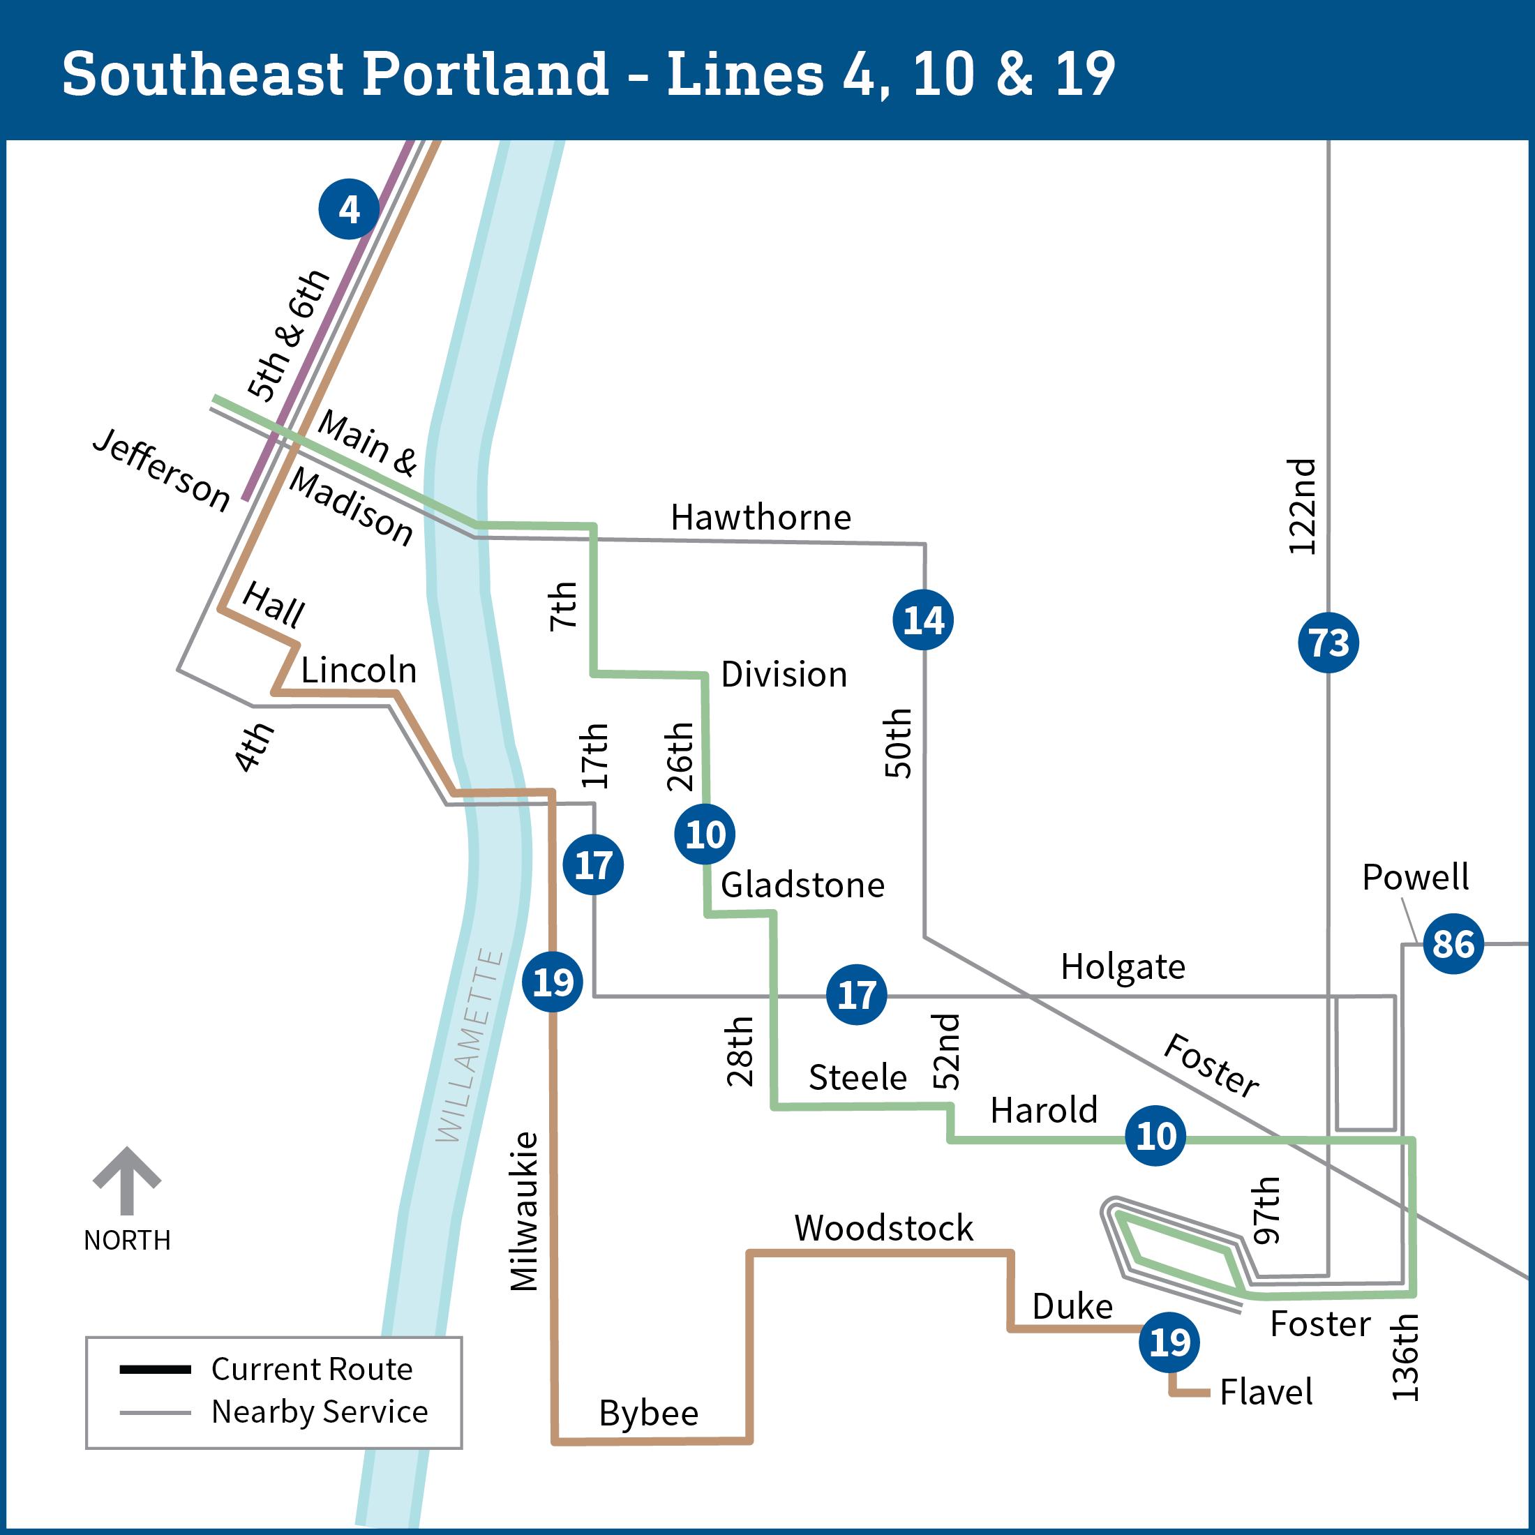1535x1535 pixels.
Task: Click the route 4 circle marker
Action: point(349,209)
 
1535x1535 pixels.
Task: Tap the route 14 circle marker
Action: point(923,620)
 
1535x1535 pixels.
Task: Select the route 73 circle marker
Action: point(1328,643)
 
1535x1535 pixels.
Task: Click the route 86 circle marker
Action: point(1453,944)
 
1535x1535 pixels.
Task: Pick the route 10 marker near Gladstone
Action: point(705,834)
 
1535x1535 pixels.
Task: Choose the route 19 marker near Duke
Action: point(1169,1342)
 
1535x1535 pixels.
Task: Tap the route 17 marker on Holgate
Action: point(857,995)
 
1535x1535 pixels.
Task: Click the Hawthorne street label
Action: point(761,517)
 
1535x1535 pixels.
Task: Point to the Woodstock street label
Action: point(883,1227)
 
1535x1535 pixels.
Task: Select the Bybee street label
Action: point(648,1413)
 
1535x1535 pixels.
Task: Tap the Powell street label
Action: point(1415,877)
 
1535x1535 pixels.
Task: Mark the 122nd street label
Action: point(1302,506)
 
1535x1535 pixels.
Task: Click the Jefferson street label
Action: point(161,469)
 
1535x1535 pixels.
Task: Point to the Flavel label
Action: point(1266,1392)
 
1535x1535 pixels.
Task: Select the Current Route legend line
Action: point(155,1369)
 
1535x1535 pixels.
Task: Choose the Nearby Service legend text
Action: point(320,1412)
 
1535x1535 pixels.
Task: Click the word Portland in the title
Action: point(486,74)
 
